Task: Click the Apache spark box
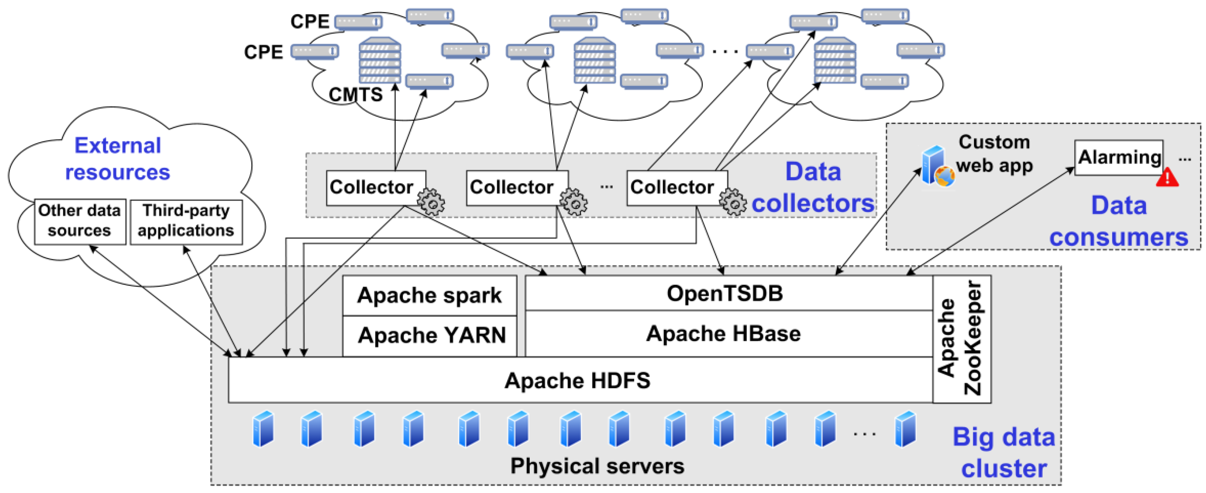tap(429, 295)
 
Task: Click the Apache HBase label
tap(723, 334)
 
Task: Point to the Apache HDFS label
tap(577, 380)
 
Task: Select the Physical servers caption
tap(597, 466)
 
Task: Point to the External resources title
tap(118, 159)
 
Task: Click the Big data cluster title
tap(1004, 452)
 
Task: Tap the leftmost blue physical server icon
tap(263, 428)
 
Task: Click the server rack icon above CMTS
tap(380, 60)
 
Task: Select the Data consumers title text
tap(1119, 221)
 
